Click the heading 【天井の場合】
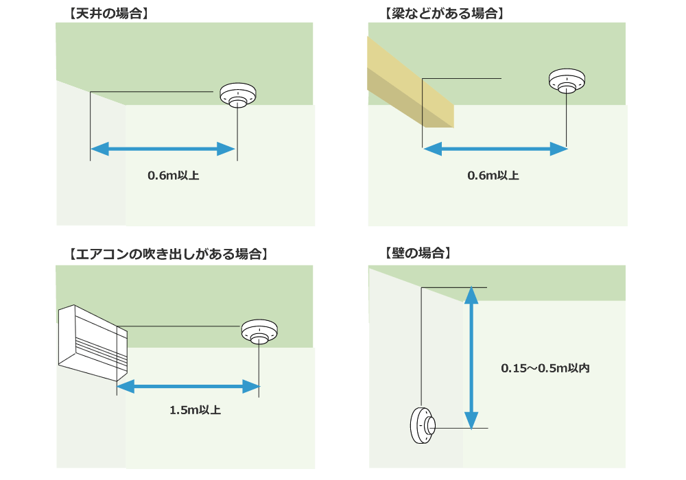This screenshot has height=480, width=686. coord(109,12)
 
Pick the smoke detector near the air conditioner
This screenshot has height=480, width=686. coord(259,332)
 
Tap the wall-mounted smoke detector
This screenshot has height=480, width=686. coord(421,426)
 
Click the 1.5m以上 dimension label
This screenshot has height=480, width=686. coord(195,410)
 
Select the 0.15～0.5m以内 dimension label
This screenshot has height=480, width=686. coord(545,368)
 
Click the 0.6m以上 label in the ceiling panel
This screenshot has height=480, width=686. coord(174,176)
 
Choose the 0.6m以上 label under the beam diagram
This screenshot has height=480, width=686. coord(493,176)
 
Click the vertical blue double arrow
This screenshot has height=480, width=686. coord(471,358)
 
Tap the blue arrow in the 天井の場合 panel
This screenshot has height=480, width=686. coord(163,148)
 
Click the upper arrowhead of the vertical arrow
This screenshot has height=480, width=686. coord(471,295)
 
